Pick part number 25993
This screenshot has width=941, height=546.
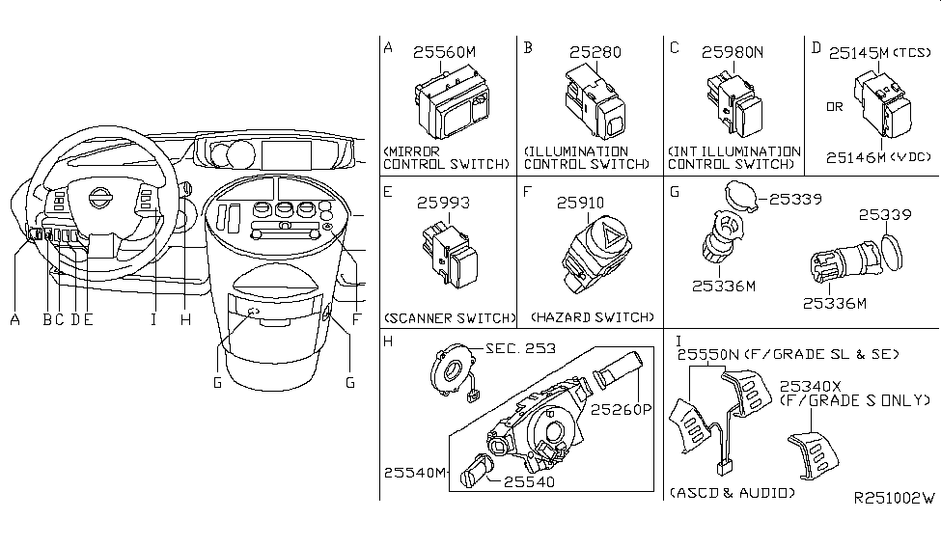[444, 204]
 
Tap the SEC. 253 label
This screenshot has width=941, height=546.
[521, 348]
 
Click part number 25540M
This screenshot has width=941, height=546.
[415, 472]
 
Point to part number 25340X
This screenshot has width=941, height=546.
[814, 384]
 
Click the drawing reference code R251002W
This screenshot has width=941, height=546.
[895, 499]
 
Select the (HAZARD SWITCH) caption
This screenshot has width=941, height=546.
[592, 317]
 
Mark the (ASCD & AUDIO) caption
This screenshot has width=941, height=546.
[733, 493]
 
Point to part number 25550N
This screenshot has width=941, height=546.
[710, 355]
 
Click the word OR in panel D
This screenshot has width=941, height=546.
[834, 106]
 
